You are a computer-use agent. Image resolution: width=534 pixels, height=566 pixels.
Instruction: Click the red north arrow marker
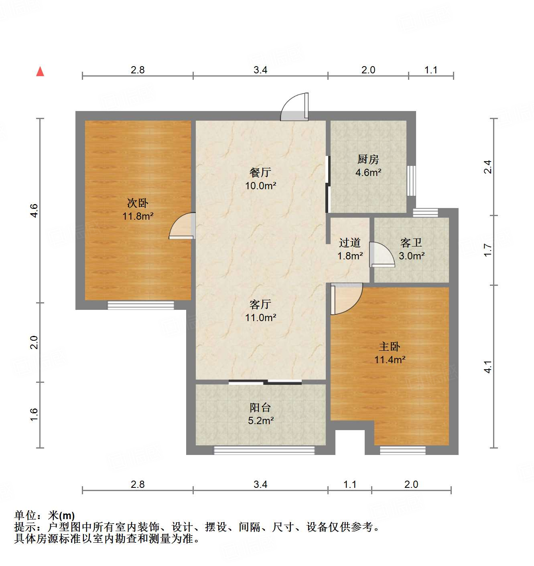click(40, 71)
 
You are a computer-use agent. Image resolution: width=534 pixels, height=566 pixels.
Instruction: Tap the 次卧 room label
click(138, 203)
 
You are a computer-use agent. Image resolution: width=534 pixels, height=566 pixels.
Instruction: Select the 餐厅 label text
click(260, 172)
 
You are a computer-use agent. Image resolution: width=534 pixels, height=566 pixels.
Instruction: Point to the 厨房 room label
click(368, 159)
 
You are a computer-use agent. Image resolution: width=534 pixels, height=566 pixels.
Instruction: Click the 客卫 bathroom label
click(411, 243)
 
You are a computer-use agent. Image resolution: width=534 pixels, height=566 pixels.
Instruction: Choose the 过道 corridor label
click(349, 243)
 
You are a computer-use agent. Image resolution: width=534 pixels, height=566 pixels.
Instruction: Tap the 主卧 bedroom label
click(390, 346)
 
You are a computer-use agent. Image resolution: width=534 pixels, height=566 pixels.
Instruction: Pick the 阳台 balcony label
click(260, 408)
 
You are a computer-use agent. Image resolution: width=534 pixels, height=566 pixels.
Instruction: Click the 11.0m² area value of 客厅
click(260, 318)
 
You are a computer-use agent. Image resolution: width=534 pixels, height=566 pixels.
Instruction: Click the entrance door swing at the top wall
click(295, 107)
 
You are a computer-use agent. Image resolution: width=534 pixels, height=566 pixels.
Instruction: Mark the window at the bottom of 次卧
click(141, 305)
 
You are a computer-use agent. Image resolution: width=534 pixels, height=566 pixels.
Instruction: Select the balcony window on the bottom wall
click(264, 450)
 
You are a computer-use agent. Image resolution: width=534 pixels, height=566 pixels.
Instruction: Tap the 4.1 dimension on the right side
click(487, 366)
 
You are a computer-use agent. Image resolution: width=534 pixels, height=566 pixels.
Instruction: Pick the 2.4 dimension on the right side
click(487, 167)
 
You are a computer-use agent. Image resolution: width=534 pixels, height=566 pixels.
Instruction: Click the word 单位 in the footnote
click(25, 515)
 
